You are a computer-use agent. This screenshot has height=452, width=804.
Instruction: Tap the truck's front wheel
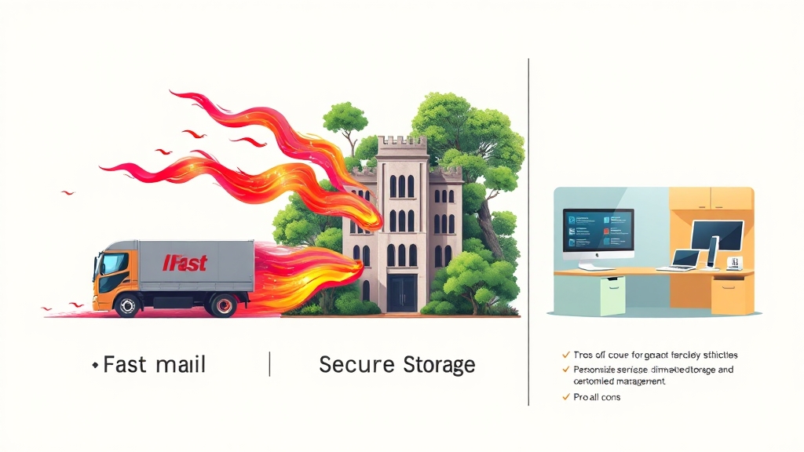[x=126, y=304]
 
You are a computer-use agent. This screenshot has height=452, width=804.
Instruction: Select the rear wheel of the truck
[x=223, y=304]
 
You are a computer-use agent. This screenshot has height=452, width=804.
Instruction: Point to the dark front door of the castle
[x=401, y=292]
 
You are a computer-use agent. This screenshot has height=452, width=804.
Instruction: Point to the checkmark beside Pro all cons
[x=565, y=397]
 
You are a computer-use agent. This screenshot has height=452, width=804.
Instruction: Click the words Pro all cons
[x=598, y=397]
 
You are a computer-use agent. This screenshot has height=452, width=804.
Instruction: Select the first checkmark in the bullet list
[x=565, y=355]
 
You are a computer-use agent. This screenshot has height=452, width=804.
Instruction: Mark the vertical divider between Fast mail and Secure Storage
[x=269, y=365]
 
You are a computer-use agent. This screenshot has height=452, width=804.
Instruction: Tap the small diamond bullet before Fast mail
[x=95, y=366]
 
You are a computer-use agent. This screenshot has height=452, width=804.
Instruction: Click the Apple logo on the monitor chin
[x=598, y=256]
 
